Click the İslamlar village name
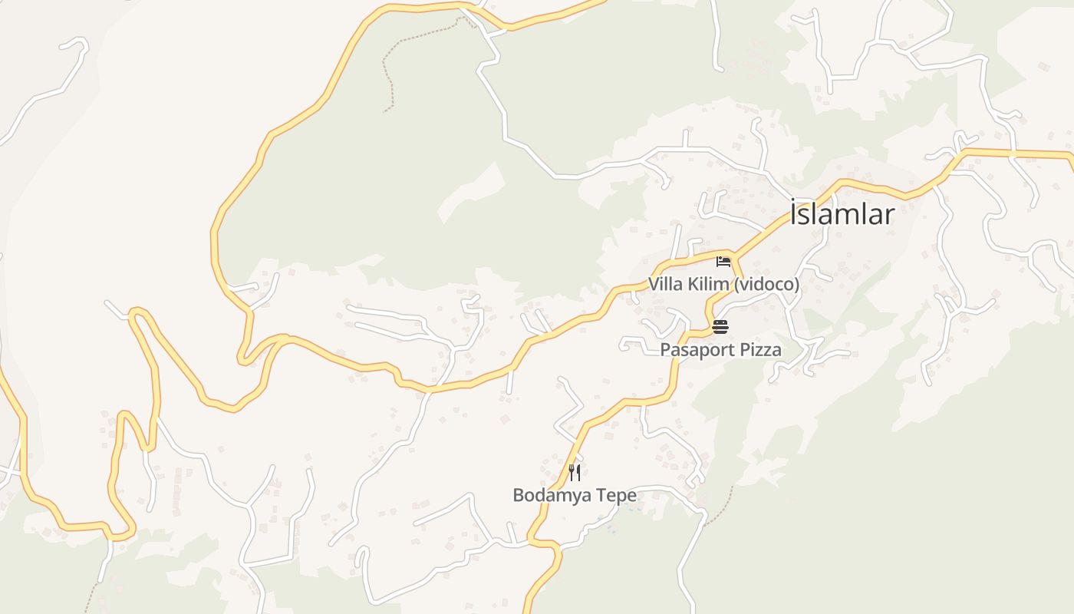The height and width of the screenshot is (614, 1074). (842, 214)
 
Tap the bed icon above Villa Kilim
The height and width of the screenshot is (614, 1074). (723, 262)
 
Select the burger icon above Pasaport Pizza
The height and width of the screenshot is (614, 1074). (720, 327)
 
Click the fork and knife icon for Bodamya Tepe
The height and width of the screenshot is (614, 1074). (575, 472)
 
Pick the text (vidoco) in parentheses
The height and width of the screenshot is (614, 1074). (766, 285)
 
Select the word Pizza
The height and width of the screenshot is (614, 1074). (762, 351)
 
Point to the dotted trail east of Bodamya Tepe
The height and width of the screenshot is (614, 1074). (720, 510)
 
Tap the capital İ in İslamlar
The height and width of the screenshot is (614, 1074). (795, 213)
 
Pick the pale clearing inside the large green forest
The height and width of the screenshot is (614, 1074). (472, 192)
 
